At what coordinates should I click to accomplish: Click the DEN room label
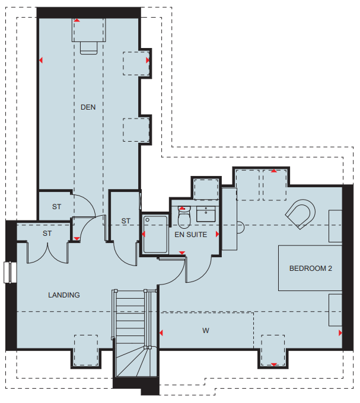88,107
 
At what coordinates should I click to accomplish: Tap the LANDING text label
64,295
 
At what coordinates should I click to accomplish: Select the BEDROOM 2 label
311,268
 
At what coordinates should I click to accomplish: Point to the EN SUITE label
191,235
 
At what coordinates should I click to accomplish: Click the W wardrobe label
206,331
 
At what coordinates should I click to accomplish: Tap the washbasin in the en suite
206,214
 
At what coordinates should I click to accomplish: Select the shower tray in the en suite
155,235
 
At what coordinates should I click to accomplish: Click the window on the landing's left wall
10,272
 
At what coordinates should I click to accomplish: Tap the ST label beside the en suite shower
126,221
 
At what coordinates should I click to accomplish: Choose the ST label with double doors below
47,234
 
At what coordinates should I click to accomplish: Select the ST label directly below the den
56,207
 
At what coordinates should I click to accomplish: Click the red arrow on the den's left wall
41,60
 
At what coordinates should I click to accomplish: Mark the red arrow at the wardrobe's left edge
161,333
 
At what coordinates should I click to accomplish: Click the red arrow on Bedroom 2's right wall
340,333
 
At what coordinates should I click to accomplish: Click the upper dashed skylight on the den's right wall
136,63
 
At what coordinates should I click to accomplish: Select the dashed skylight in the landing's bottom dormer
86,350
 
